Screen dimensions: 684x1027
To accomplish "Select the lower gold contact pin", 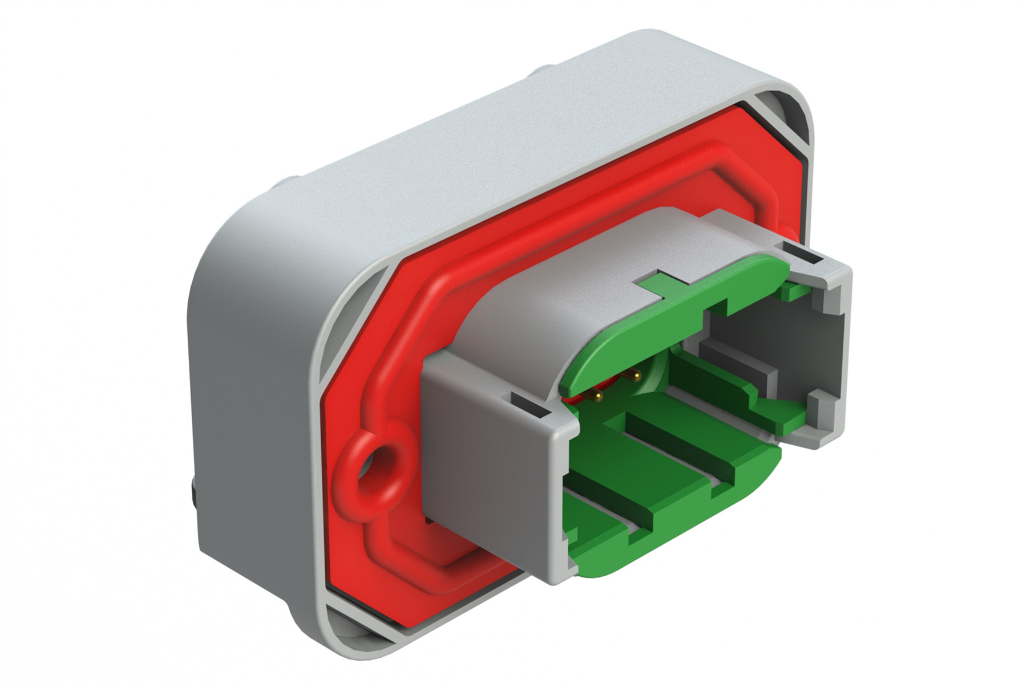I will click(598, 394).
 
